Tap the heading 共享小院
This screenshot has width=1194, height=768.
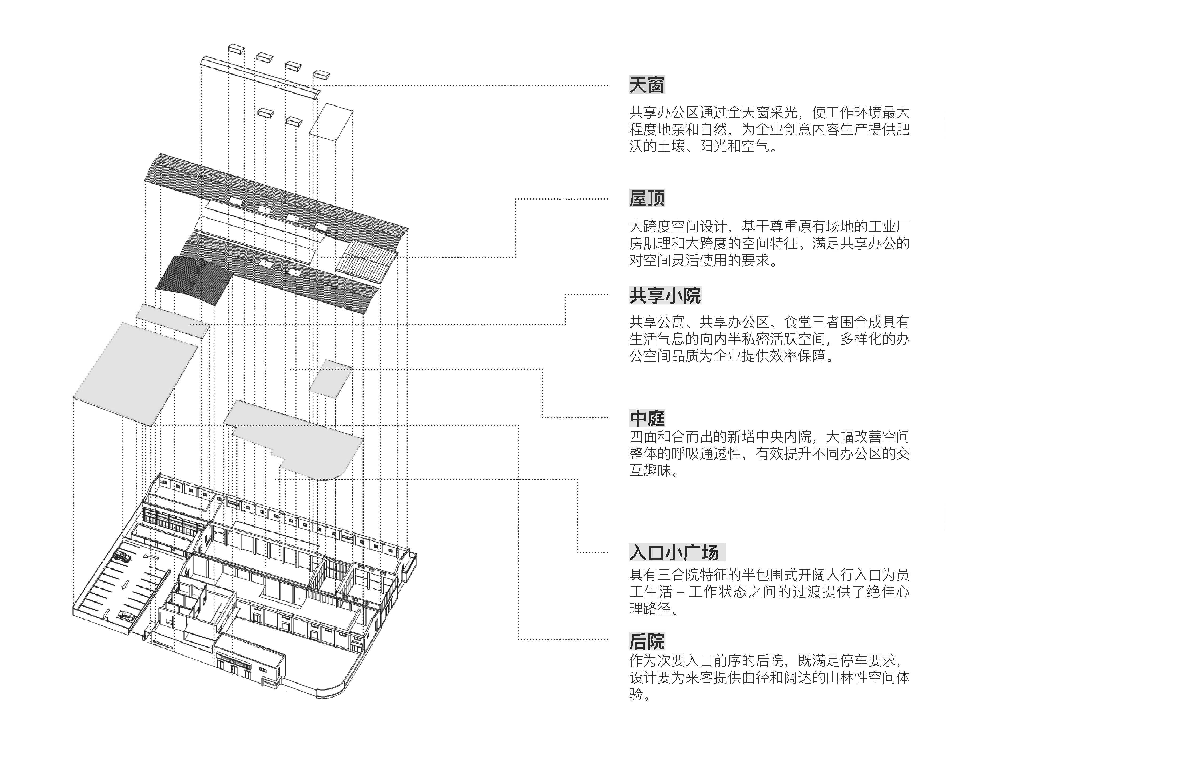[x=665, y=296]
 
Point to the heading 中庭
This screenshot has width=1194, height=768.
[x=646, y=418]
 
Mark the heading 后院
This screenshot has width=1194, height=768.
[x=646, y=641]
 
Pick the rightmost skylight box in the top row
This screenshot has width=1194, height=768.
[x=321, y=75]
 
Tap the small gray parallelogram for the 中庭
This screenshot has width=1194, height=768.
[x=331, y=378]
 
